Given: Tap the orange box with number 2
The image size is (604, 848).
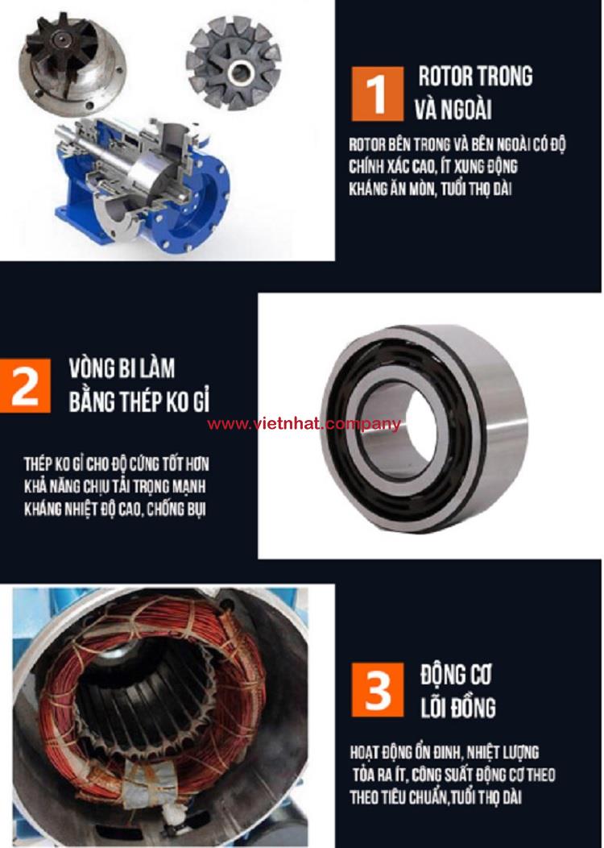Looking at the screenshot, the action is [x=25, y=385].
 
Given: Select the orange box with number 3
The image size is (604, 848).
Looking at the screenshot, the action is [x=377, y=690].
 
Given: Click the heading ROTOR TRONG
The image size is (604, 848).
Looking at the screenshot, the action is [x=475, y=77].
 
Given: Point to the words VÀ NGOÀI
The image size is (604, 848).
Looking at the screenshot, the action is [x=453, y=110].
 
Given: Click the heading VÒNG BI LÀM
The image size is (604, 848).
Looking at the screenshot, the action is [x=122, y=368].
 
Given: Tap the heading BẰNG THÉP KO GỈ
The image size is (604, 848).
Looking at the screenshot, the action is [x=139, y=401].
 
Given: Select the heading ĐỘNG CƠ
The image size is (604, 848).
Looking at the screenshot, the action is [x=456, y=675].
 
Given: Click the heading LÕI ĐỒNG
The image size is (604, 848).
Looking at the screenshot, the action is [x=458, y=708].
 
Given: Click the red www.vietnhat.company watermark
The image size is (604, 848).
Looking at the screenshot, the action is [x=304, y=424].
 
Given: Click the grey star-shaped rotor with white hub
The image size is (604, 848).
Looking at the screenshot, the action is [x=234, y=62].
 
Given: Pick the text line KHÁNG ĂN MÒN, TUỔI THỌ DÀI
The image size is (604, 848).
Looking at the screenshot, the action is [x=430, y=189].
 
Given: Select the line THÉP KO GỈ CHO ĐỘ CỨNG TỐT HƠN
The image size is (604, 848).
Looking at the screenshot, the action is [x=116, y=464].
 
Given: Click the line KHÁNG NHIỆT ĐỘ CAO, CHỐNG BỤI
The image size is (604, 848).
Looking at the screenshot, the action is [x=114, y=509].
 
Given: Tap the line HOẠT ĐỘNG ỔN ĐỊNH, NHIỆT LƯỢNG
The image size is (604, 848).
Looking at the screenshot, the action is [x=444, y=752].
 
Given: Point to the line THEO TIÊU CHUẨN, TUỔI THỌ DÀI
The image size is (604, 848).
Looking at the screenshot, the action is [x=436, y=797].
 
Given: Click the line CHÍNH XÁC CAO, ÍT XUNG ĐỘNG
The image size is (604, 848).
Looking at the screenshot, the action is [x=433, y=167].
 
